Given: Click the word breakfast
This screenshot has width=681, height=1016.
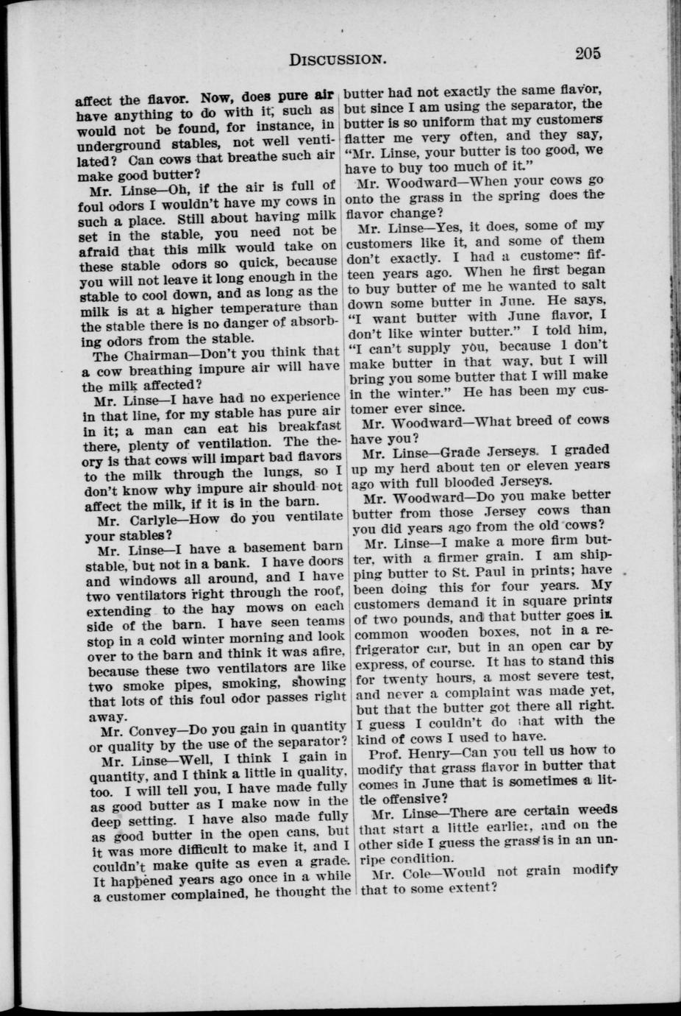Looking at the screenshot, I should (x=303, y=427).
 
